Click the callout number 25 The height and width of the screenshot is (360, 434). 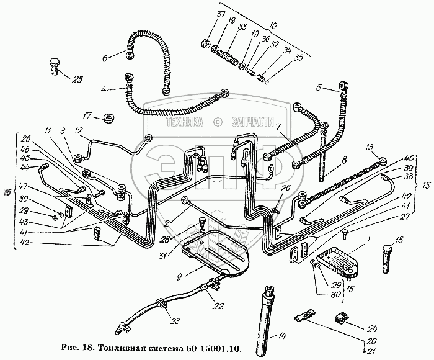pos(77,79)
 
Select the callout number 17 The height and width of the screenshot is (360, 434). pos(87,115)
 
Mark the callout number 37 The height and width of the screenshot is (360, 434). pos(214,33)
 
